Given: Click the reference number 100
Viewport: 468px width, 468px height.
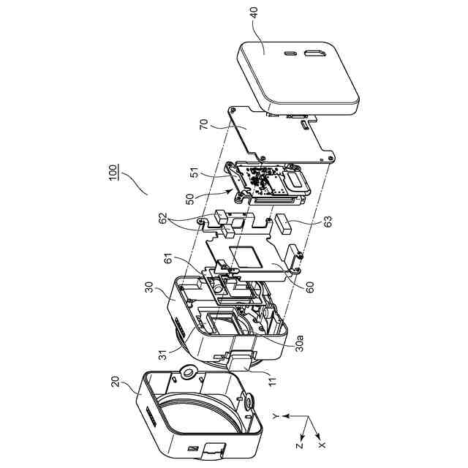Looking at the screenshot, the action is point(113,173).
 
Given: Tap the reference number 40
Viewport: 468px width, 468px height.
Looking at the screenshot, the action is point(254,13).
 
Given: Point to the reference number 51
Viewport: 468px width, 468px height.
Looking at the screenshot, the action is point(195,173).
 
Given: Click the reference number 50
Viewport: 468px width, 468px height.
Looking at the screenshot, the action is point(189,199).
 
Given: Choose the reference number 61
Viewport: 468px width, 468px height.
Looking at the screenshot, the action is point(168,258).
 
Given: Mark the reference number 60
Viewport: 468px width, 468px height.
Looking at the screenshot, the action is point(309,287).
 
